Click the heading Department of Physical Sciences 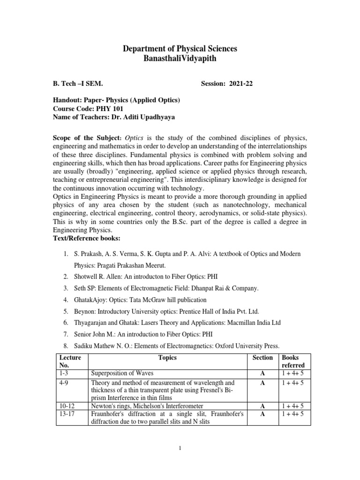180,49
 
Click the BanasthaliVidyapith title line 180,60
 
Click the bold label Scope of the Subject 86,139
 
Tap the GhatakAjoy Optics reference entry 140,300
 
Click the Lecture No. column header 70,361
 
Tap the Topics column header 167,358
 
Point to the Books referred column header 293,361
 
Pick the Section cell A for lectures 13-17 262,414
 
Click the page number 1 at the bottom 180,448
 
